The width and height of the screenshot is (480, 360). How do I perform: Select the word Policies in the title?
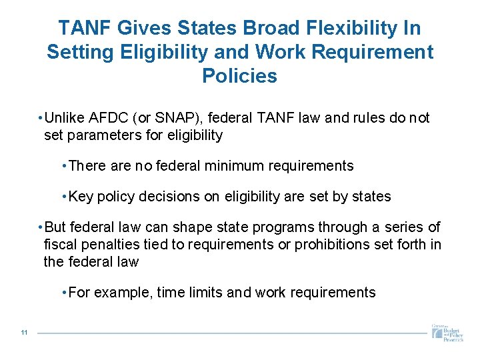point(239,76)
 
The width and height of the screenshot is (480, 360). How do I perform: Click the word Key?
point(81,197)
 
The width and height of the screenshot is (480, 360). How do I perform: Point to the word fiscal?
point(60,245)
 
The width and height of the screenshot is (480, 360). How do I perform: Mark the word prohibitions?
point(329,245)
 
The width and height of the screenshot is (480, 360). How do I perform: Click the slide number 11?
point(24,333)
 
